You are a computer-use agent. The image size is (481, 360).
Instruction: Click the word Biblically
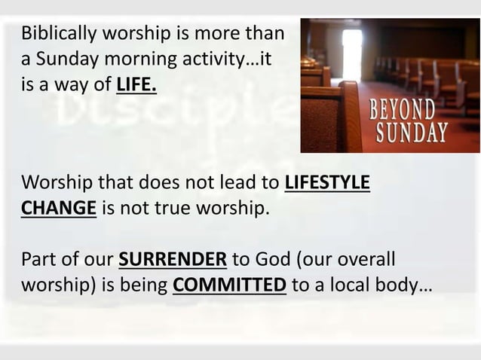[54, 35]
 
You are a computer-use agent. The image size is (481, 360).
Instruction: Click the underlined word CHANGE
[58, 209]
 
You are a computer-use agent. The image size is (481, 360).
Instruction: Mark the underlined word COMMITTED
[229, 287]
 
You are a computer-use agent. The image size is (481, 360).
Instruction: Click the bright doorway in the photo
[352, 53]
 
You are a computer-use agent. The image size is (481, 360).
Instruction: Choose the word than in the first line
[265, 35]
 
